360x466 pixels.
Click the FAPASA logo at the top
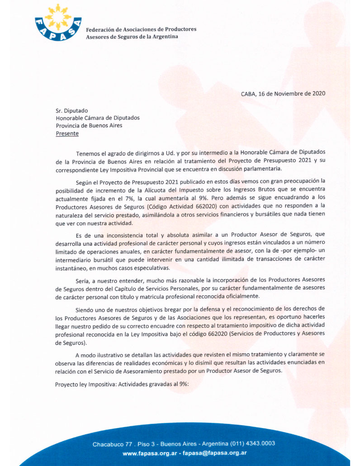click(58, 22)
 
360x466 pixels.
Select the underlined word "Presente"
click(67, 133)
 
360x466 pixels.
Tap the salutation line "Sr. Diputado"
click(72, 110)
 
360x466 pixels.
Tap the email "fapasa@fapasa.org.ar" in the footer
click(214, 453)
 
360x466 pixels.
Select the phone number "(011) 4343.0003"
click(252, 443)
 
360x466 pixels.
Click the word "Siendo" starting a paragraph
click(86, 309)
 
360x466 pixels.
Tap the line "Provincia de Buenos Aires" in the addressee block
click(89, 126)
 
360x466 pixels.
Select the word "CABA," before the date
click(248, 94)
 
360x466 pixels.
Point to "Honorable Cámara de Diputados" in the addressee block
click(98, 118)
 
